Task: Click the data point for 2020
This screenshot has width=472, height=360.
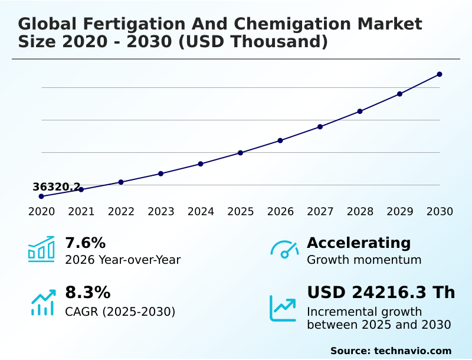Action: tap(41, 196)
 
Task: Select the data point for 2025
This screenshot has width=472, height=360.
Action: tap(240, 153)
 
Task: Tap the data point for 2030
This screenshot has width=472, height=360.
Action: tap(440, 74)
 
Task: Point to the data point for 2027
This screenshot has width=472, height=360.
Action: tap(320, 127)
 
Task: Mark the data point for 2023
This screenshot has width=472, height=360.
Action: tap(160, 174)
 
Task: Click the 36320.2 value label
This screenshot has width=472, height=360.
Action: tap(57, 187)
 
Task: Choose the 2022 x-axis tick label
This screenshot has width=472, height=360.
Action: tap(121, 211)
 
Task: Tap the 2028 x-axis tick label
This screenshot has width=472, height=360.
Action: tap(360, 211)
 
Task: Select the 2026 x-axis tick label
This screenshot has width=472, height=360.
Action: tap(280, 211)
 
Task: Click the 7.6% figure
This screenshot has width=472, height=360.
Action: tap(85, 243)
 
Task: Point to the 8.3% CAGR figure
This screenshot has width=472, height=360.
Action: tap(87, 293)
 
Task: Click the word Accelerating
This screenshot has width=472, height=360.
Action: tap(359, 243)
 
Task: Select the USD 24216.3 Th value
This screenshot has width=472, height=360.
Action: tap(381, 293)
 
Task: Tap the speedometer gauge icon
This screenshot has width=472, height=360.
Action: tap(284, 249)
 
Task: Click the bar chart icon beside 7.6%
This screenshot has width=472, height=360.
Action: tap(41, 249)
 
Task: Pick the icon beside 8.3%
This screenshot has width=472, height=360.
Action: tap(42, 302)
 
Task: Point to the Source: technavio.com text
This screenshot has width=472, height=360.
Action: tap(391, 351)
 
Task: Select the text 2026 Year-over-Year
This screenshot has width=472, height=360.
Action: tap(123, 260)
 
